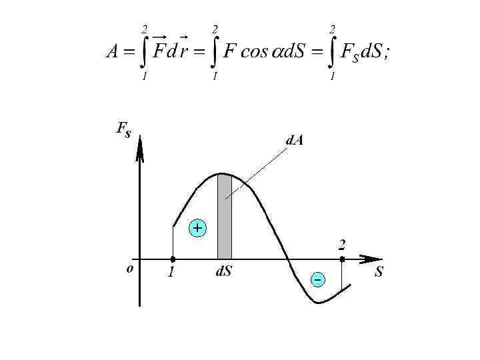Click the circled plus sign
point(197,228)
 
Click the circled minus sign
point(319,279)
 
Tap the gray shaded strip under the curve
point(225,217)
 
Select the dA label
point(295,141)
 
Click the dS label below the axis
point(223,272)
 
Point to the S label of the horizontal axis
point(379,272)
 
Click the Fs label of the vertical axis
point(123,131)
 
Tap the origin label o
point(130,269)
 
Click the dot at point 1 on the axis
point(173,259)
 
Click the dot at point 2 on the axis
point(342,259)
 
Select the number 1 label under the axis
point(171,273)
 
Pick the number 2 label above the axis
point(342,244)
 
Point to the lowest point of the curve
point(319,303)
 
